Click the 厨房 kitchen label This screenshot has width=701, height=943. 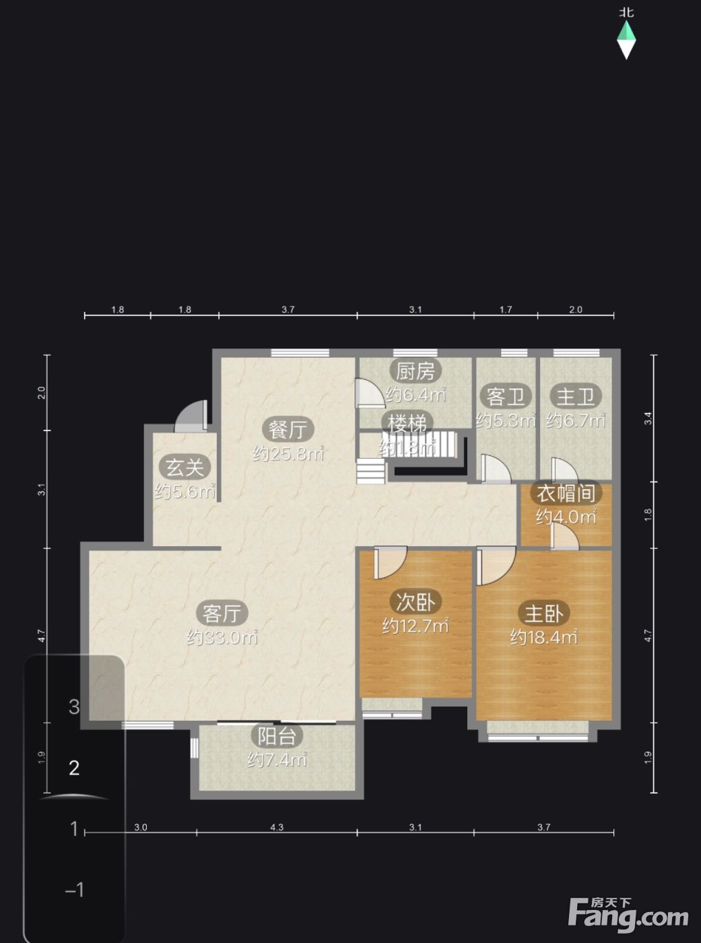pos(415,372)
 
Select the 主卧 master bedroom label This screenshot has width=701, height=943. pos(543,613)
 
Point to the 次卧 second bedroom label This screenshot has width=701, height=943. pos(415,601)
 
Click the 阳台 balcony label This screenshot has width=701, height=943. pos(276,736)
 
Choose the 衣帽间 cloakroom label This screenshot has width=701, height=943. pos(566,493)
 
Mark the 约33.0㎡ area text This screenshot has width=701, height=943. pos(222,637)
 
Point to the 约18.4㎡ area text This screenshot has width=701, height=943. pos(543,637)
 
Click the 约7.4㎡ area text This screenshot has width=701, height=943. pos(277,760)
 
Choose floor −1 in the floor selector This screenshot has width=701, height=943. pos(75,890)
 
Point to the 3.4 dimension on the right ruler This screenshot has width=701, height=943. pos(648,418)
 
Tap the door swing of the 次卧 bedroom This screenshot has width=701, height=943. pos(391,564)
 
